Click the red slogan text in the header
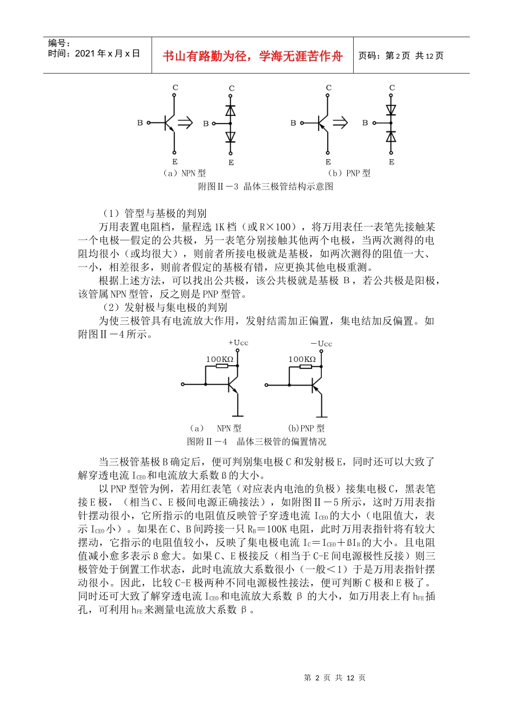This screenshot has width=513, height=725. coord(252,56)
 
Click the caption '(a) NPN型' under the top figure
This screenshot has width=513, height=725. coord(184,173)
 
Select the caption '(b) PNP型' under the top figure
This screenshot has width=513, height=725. coord(349,173)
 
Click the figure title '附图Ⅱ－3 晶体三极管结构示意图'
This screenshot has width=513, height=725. coord(266,187)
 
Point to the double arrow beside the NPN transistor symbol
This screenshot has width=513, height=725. coord(185,123)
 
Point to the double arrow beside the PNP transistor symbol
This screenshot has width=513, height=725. coord(340,123)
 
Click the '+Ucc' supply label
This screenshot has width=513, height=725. coord(238,343)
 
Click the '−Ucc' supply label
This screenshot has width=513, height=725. coord(321,344)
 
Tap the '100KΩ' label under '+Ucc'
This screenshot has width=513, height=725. coord(220,359)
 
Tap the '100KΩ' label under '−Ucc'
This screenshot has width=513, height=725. coord(302,359)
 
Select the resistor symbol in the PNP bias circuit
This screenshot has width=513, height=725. coord(306,367)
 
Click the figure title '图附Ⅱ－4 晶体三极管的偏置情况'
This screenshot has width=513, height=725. coord(256,442)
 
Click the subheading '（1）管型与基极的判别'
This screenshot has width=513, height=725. coord(154,214)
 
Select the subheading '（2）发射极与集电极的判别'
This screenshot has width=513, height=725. coord(165,307)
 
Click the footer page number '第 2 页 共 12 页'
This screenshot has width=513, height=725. coord(335,678)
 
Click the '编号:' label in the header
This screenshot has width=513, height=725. coord(59,43)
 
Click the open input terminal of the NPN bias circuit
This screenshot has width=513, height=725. coord(183,385)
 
